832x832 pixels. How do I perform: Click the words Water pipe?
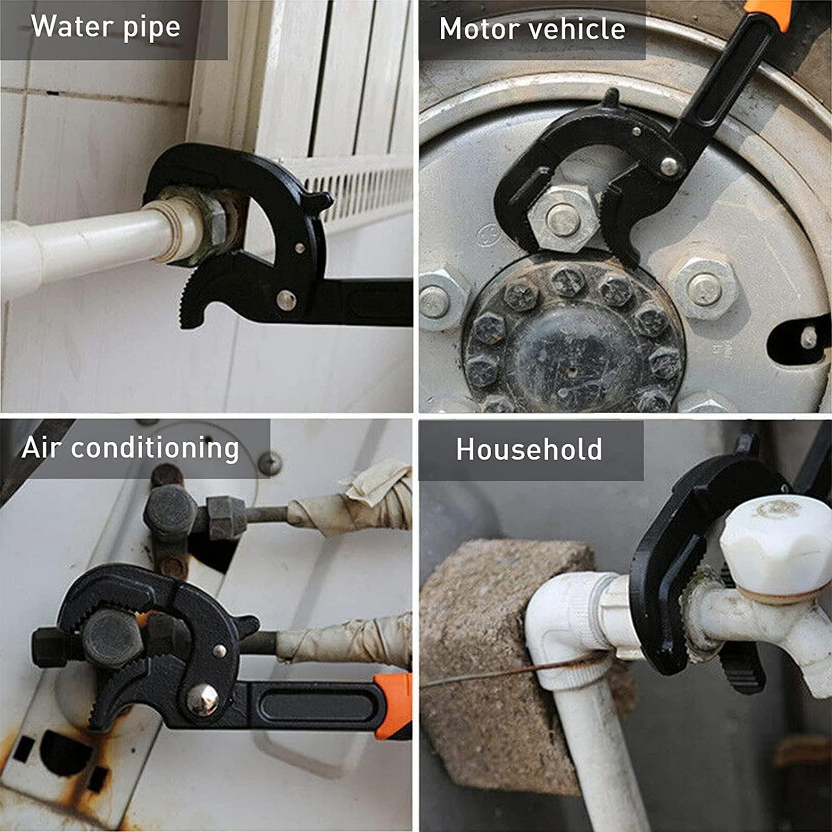tap(105, 27)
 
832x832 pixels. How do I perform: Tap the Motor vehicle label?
tap(532, 29)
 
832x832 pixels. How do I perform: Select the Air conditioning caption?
tap(130, 448)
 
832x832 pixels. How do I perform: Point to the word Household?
tap(529, 450)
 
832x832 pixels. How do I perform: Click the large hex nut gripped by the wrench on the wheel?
tap(563, 219)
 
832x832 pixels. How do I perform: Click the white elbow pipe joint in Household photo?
tap(577, 624)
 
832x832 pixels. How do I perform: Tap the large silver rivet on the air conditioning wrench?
tap(202, 699)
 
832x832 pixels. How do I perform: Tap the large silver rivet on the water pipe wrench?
tap(286, 299)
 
